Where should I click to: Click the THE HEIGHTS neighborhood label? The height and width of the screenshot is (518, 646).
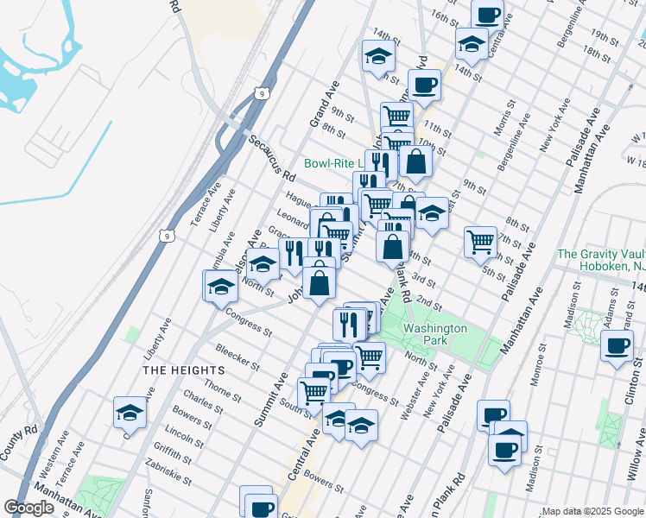(x=173, y=370)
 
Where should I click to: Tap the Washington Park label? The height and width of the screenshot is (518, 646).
(x=434, y=334)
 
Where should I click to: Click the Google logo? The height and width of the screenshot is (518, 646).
(x=28, y=508)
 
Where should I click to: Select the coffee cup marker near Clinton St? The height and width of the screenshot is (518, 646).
(x=617, y=347)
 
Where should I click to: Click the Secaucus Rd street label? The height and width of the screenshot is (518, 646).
(x=271, y=157)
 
